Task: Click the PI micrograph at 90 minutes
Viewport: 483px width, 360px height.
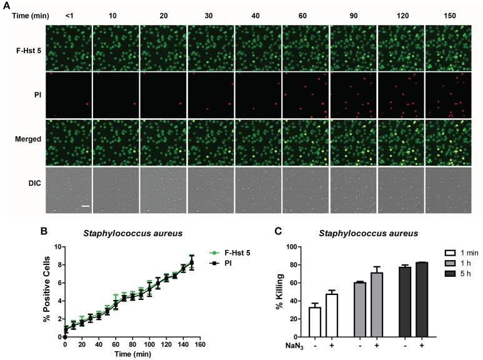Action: tap(353, 95)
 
